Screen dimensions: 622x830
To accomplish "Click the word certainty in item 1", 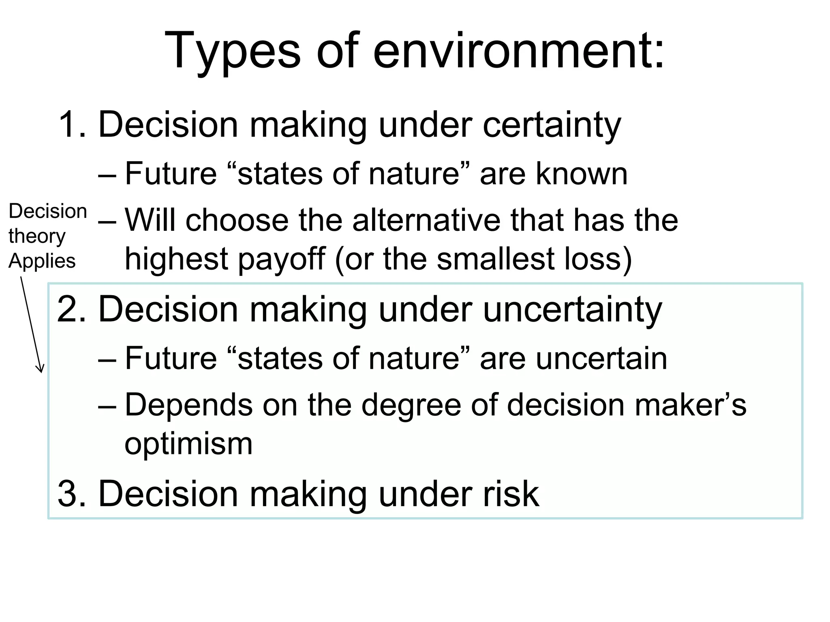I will pos(552,125).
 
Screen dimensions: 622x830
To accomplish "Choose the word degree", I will pos(411,405).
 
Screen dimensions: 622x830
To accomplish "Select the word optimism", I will pos(188,444).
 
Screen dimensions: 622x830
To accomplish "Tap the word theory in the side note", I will pos(36,236).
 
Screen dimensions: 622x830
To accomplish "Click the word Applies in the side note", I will pos(42,261).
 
